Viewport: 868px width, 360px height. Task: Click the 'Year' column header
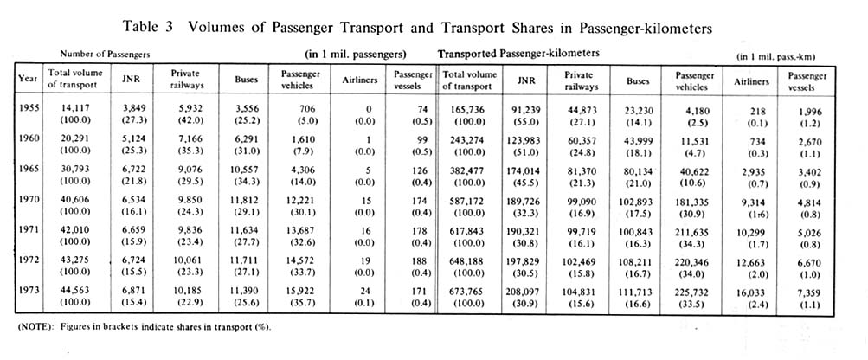click(x=27, y=79)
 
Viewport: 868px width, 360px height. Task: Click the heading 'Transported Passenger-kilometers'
click(x=519, y=54)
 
